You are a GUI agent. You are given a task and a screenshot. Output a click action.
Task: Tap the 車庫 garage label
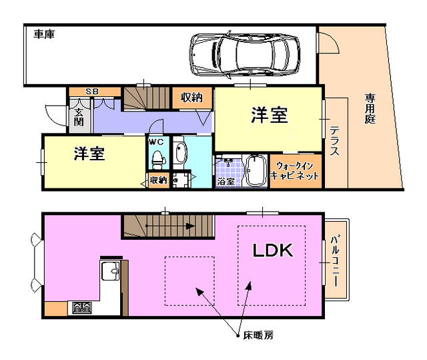click(44, 33)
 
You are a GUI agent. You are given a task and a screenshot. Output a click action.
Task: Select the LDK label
click(272, 250)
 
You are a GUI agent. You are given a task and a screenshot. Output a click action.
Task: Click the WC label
click(157, 142)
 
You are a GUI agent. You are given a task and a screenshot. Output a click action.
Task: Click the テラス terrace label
click(334, 142)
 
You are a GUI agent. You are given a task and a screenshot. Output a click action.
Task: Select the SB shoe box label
click(93, 92)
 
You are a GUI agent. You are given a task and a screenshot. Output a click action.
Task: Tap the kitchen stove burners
click(82, 307)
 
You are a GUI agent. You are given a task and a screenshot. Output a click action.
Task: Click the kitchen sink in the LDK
click(109, 273)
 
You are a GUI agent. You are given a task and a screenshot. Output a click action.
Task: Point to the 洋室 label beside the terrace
click(270, 116)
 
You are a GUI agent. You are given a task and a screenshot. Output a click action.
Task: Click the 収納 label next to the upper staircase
click(191, 98)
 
